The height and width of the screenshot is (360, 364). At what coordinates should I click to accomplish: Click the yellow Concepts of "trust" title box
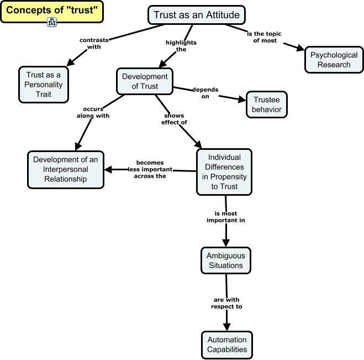tap(51, 11)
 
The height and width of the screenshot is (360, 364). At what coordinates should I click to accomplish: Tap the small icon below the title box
tap(52, 23)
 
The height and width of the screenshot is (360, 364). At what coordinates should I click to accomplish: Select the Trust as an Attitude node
tap(189, 15)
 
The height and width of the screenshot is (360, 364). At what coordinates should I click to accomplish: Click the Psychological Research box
tap(334, 60)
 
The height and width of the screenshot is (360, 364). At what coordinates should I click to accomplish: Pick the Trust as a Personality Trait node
tap(44, 85)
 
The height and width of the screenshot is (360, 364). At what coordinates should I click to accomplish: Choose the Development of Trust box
tap(145, 81)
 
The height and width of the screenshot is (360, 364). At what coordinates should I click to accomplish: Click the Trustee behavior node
tap(267, 105)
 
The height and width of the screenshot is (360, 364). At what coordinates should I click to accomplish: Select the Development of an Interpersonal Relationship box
tap(65, 170)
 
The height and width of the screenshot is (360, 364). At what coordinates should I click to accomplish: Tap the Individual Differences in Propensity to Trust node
tap(224, 172)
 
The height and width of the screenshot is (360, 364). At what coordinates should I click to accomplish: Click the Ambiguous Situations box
tap(225, 260)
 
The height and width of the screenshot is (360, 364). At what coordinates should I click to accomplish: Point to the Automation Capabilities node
tap(227, 345)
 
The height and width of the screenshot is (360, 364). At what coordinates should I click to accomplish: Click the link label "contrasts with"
tap(94, 44)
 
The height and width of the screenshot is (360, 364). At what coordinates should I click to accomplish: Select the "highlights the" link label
tap(181, 45)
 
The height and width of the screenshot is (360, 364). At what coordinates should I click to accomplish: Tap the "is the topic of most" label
tap(263, 37)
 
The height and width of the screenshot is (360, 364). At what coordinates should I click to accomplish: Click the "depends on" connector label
tap(204, 92)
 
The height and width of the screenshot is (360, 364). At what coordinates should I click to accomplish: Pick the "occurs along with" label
tap(93, 112)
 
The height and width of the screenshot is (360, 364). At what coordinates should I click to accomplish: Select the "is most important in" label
tap(225, 216)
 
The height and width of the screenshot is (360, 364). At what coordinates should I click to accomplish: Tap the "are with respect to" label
tap(226, 303)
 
